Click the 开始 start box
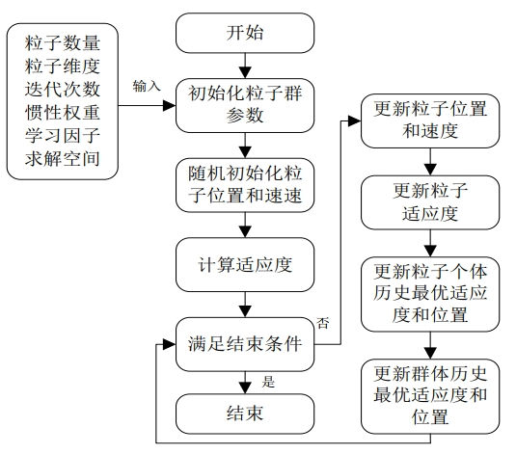[x=245, y=33]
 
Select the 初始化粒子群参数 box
[x=245, y=105]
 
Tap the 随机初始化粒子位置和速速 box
[x=245, y=185]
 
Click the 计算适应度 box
[x=245, y=265]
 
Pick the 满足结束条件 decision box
[x=245, y=344]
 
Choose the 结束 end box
[x=245, y=414]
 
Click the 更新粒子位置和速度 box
[x=430, y=120]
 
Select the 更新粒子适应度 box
[x=430, y=202]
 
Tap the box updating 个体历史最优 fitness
[x=430, y=294]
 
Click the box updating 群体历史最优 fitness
[x=430, y=396]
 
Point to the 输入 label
[x=147, y=86]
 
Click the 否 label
[x=323, y=323]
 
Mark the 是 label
[x=268, y=383]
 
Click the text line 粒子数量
[x=62, y=43]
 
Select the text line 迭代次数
[x=62, y=90]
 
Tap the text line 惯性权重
[x=62, y=113]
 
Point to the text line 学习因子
[x=62, y=136]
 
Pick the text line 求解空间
[x=62, y=159]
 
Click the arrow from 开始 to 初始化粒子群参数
[x=245, y=66]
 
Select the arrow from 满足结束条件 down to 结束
[x=245, y=383]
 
